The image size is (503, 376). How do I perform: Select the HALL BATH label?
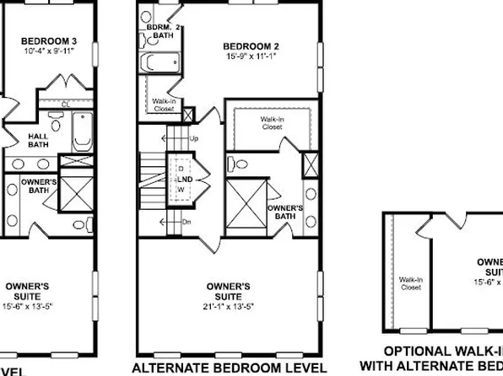(x=38, y=139)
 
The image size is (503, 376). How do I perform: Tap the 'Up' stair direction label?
(x=195, y=137)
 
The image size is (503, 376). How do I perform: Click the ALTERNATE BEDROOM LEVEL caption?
(x=230, y=368)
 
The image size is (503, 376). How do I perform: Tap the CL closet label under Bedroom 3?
(x=65, y=104)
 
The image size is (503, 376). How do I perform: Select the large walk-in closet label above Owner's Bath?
(x=271, y=124)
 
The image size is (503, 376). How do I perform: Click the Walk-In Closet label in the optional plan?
(x=411, y=282)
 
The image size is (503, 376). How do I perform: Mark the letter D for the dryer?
(x=180, y=169)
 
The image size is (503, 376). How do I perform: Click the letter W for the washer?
(x=180, y=188)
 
